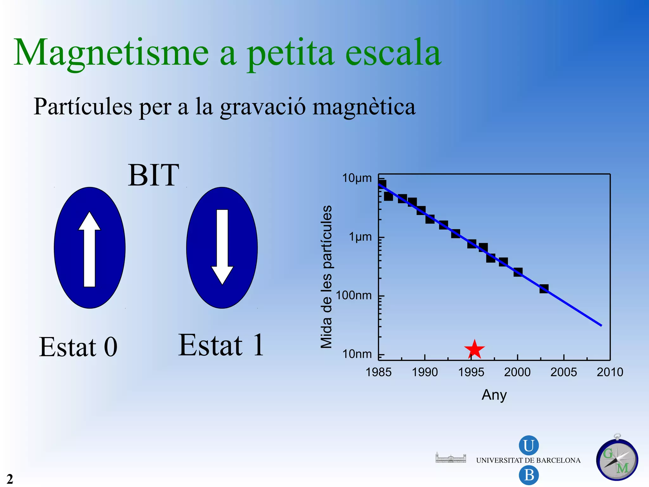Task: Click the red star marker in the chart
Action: (x=474, y=349)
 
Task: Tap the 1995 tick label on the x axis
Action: (x=471, y=372)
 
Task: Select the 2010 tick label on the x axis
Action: (x=610, y=372)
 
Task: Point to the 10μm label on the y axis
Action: (x=357, y=178)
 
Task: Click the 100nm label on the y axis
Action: (x=354, y=295)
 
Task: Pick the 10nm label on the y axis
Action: (x=357, y=354)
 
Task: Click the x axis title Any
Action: (x=494, y=395)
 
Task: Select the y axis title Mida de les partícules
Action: (x=326, y=276)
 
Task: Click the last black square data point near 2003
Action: (x=544, y=289)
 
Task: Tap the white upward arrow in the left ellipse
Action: (x=90, y=249)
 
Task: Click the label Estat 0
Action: (x=78, y=347)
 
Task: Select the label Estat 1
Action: (x=221, y=346)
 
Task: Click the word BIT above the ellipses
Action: (x=153, y=175)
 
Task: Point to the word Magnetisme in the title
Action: (x=111, y=53)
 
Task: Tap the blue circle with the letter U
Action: (x=528, y=445)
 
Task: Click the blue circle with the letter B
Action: (x=528, y=475)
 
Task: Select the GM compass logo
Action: (x=617, y=459)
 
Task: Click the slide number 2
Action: (x=10, y=479)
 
